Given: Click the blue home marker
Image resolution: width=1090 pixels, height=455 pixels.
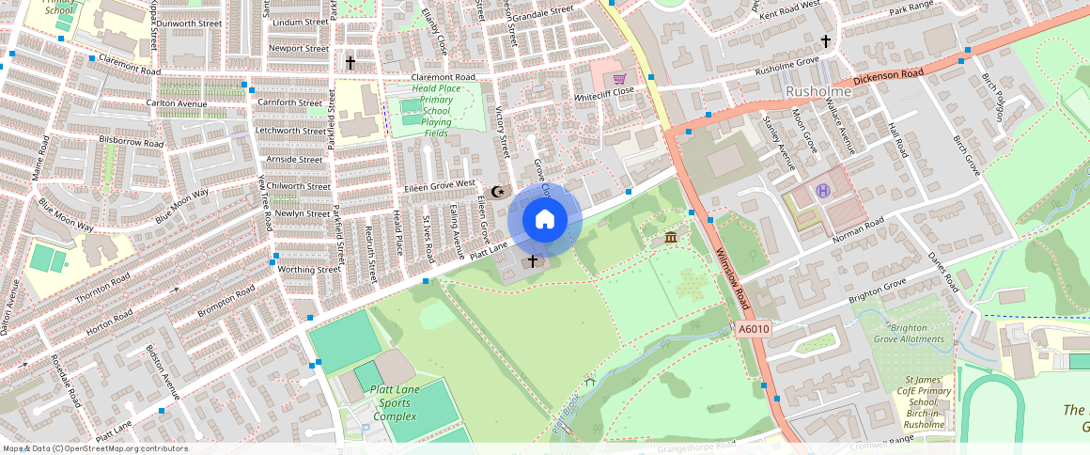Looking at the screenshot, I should tap(545, 220).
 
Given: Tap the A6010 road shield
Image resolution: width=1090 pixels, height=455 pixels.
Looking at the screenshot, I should tap(754, 329).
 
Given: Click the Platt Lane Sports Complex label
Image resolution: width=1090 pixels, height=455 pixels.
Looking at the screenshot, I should tap(395, 402).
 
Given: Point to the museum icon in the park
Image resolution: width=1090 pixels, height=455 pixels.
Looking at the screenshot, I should tap(671, 237).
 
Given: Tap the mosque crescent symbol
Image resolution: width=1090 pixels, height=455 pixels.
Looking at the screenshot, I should tap(498, 192).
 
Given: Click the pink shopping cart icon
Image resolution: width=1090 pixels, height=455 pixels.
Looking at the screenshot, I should tap(619, 79).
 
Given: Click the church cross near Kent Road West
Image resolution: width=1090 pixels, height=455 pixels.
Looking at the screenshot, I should tap(826, 41).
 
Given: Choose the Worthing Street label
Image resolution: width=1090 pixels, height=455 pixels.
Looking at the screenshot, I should tap(309, 269).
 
